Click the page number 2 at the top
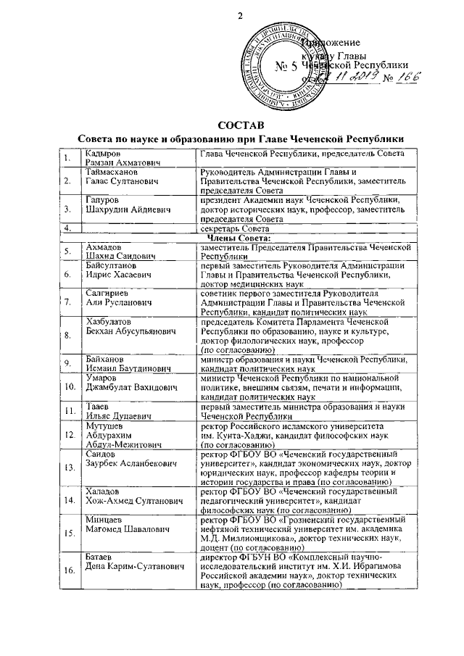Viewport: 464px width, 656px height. tap(238, 16)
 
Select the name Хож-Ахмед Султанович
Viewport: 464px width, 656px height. tap(136, 520)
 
